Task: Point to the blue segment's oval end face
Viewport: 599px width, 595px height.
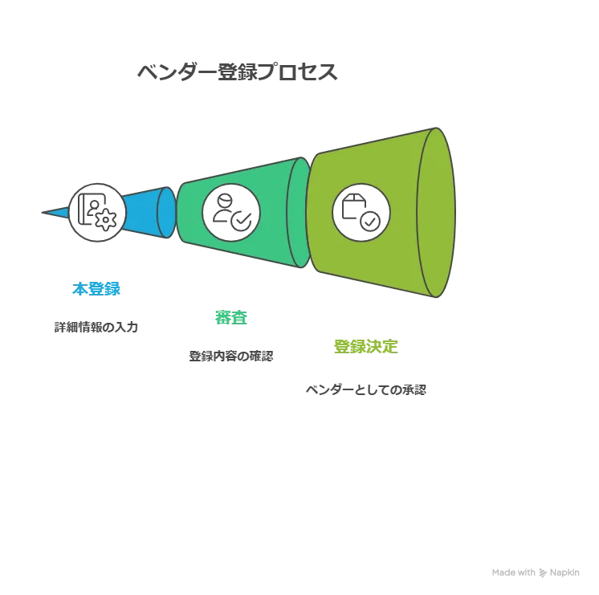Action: point(166,211)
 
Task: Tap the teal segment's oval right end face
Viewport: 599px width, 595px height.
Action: point(299,211)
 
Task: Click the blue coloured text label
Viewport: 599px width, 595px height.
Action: point(96,287)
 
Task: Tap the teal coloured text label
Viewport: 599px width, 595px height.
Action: point(230,317)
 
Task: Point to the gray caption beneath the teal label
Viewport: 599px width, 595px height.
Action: point(231,356)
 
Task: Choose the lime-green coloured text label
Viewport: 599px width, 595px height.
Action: point(365,346)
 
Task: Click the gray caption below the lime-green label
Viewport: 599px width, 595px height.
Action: point(366,390)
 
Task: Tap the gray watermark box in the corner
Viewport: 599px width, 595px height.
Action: point(536,572)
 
